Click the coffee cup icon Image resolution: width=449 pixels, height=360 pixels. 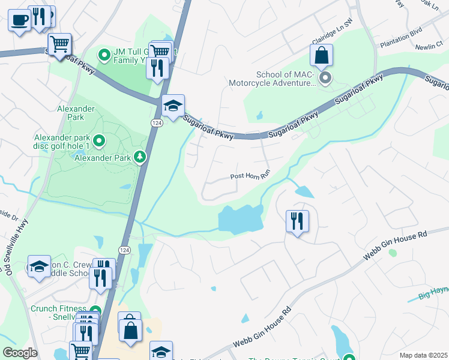20,21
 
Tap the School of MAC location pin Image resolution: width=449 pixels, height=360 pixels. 325,78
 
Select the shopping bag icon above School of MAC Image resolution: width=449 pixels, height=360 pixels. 322,55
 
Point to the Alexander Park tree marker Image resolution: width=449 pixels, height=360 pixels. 140,157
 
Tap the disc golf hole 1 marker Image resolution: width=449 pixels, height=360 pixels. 100,142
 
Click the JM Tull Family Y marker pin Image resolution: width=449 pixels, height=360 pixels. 104,56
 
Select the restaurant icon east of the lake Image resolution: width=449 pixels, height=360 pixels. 297,221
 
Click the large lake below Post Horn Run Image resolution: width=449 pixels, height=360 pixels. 240,218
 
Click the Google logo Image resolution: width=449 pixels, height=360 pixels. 20,353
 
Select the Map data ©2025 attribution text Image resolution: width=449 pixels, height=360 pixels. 423,355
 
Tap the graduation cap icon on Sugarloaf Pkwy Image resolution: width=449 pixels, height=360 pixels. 173,106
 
